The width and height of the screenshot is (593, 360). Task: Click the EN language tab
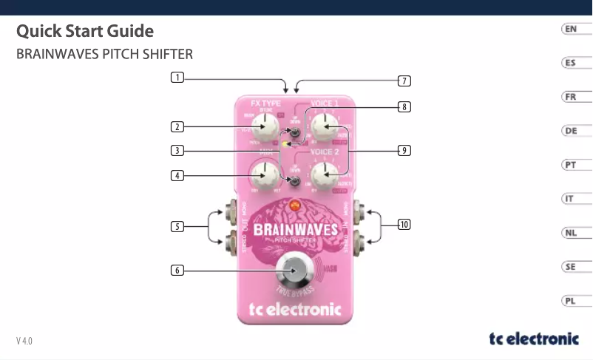[570, 29]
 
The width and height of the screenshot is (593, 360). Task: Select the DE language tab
[570, 131]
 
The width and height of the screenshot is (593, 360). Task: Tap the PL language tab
[570, 301]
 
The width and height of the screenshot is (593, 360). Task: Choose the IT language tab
[570, 199]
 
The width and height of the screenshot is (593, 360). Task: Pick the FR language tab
[570, 97]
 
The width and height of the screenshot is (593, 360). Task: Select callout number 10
[404, 223]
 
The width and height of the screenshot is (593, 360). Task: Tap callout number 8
[404, 107]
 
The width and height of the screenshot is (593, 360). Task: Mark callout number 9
[404, 151]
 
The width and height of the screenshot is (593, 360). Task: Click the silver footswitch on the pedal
[294, 270]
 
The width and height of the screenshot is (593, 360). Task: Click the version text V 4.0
[24, 341]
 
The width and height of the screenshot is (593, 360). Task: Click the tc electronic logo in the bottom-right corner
[534, 339]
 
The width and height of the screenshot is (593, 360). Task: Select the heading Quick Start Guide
[85, 32]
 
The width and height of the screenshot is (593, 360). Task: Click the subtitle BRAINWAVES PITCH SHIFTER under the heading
[104, 55]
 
